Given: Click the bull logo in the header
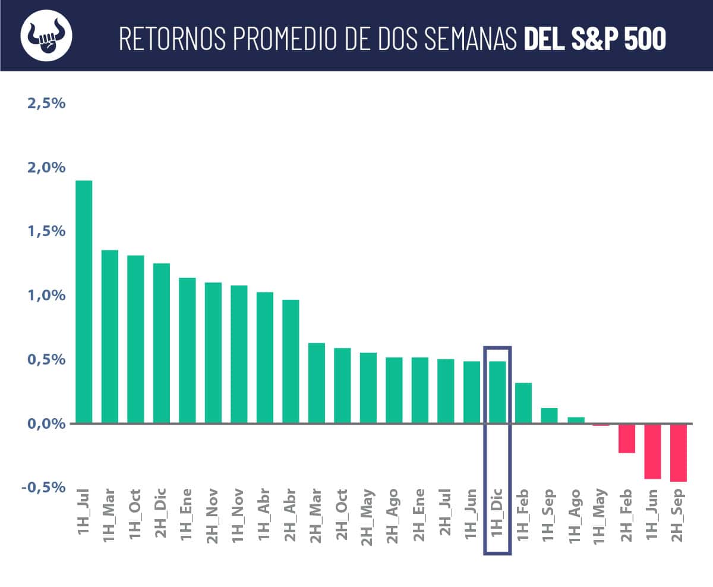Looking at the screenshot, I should coord(46,35).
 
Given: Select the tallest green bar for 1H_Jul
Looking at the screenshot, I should coord(84,302).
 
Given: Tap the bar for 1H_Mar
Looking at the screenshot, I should coord(110,337).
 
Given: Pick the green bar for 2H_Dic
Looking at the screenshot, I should coord(162,343).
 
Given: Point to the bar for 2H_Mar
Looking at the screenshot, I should coord(317,383).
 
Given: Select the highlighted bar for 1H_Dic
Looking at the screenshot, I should coord(497,393).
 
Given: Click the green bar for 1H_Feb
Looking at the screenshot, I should coord(523,403).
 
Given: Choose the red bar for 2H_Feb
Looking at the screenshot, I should coord(627,438).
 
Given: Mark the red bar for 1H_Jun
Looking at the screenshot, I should coord(652,451).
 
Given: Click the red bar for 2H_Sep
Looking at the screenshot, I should coord(679,453).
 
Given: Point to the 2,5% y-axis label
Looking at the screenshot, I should coord(46,103).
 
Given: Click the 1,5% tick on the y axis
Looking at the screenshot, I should coord(46,231).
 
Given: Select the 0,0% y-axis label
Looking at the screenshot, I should coord(46,423).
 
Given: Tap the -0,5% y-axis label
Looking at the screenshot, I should coord(43,487).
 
